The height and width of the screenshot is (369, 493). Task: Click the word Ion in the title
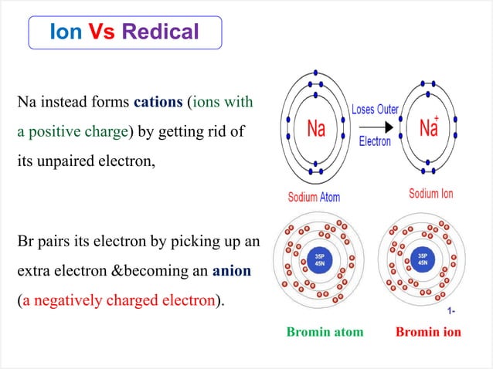(66, 32)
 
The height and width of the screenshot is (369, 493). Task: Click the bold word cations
(158, 101)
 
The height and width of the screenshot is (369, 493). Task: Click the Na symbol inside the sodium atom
(316, 128)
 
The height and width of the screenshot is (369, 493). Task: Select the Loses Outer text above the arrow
(376, 110)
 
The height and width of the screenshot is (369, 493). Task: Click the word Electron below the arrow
(375, 141)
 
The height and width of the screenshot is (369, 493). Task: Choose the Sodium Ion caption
(431, 194)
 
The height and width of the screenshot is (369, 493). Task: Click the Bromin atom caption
(325, 333)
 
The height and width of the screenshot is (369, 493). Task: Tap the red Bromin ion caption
(428, 333)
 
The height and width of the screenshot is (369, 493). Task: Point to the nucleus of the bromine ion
(422, 259)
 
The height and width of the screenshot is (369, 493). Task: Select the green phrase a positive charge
(72, 131)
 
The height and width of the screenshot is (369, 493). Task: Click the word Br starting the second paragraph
(25, 242)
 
